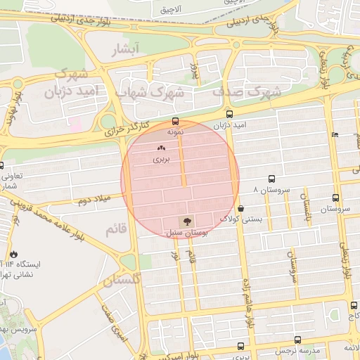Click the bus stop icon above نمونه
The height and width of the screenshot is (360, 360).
pos(176,121)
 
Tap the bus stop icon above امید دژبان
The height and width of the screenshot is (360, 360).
pos(229,114)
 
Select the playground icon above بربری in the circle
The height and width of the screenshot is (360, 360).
pos(162,148)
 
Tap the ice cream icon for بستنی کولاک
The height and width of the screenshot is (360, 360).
pos(241,208)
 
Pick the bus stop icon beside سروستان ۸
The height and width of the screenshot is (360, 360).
pos(272,180)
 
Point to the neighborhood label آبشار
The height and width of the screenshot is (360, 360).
pos(127,49)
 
